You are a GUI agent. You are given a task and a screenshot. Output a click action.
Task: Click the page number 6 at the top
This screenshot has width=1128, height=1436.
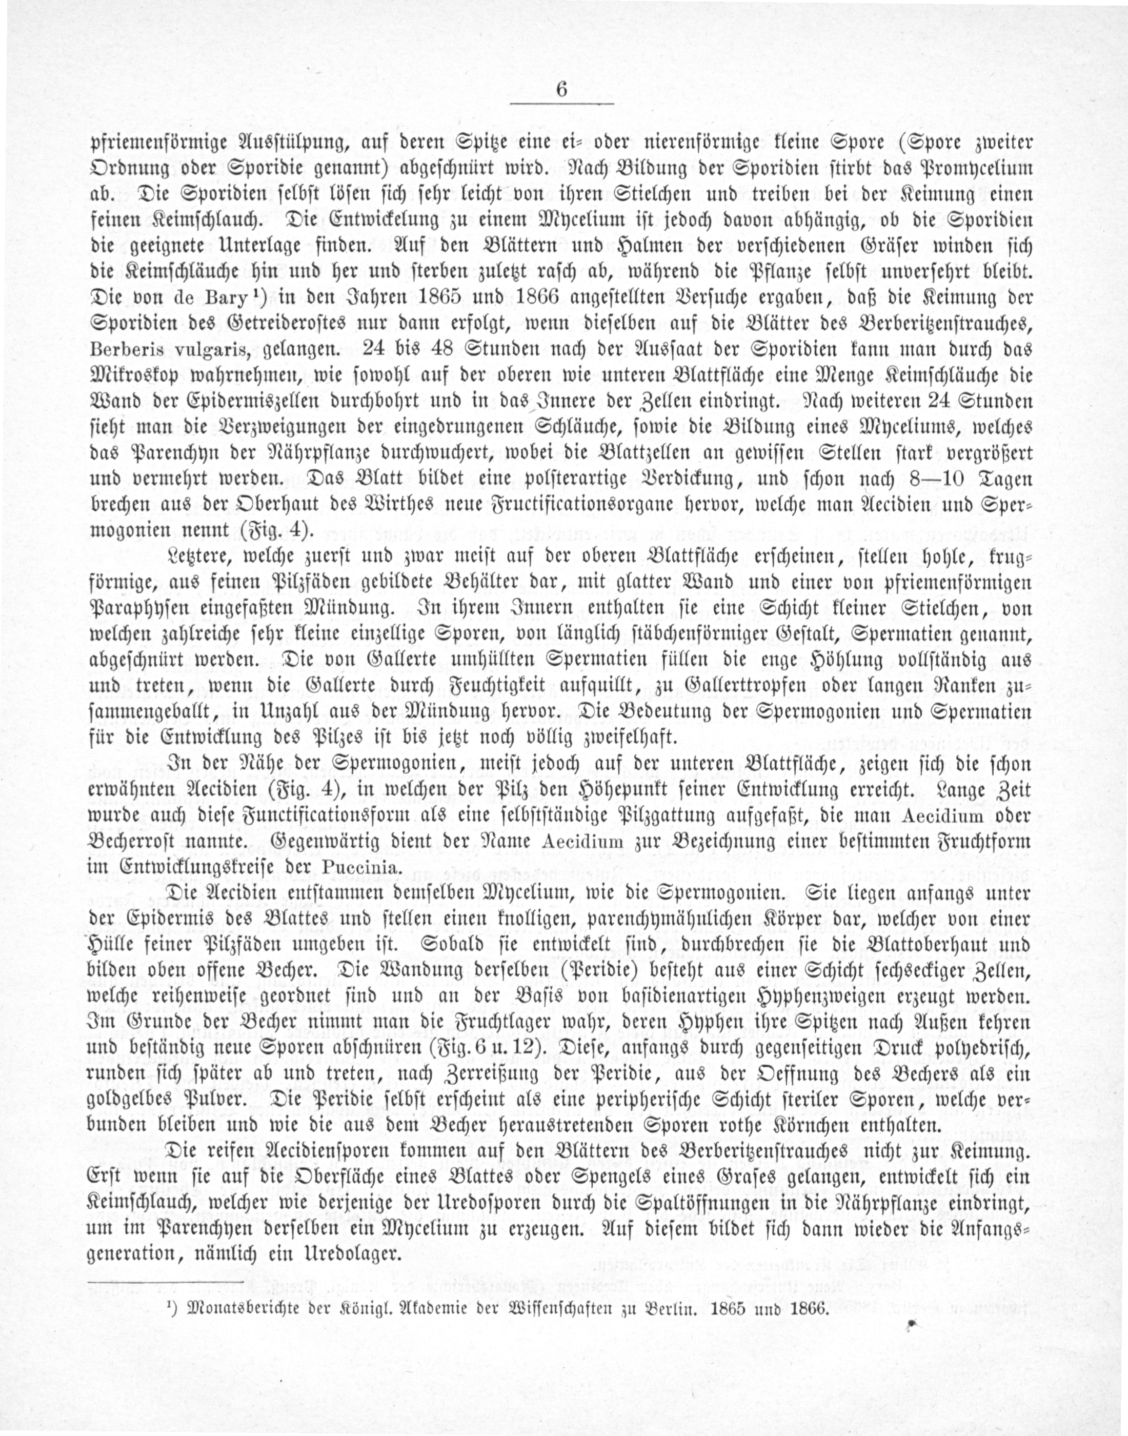[x=562, y=89]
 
